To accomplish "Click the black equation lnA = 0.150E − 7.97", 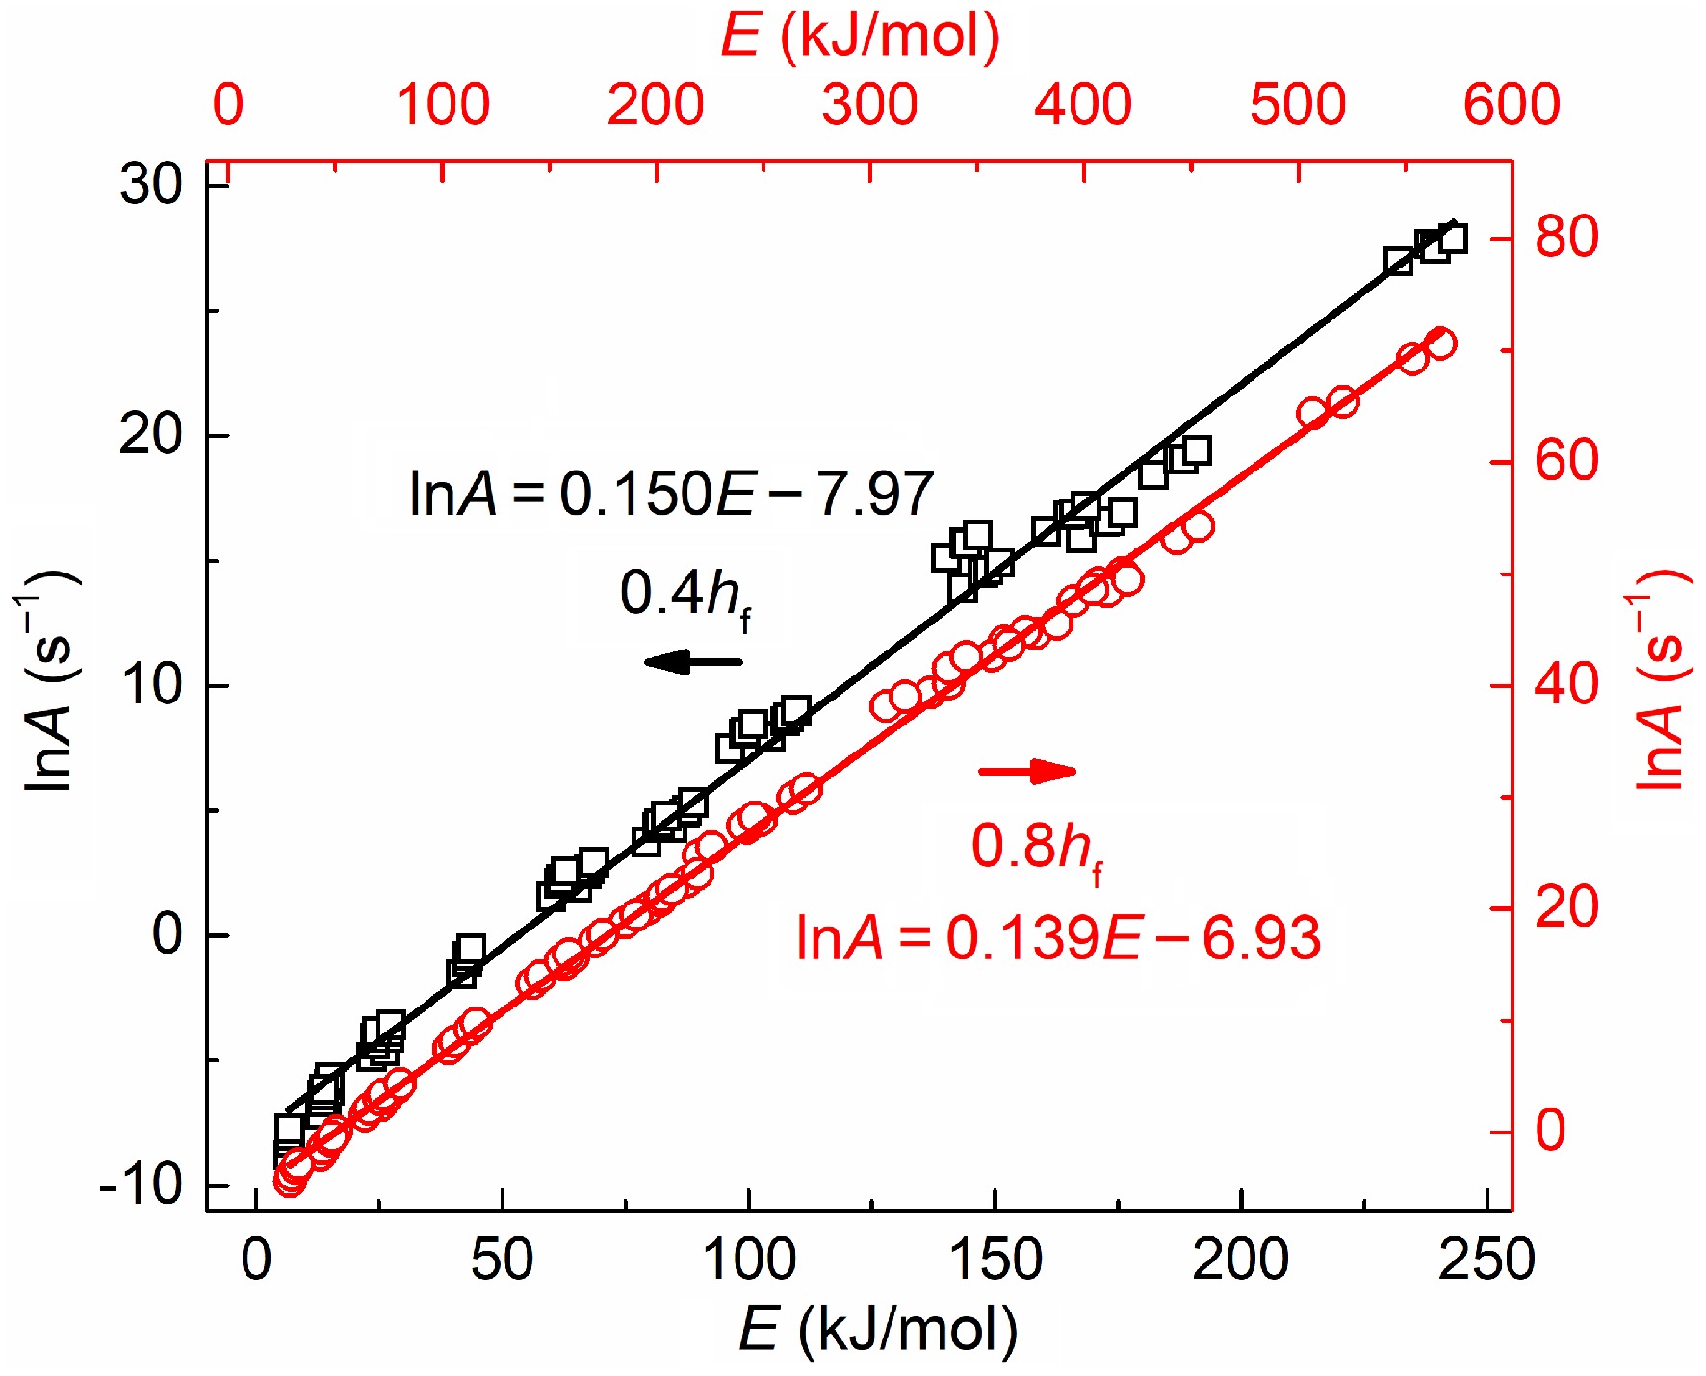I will coord(671,495).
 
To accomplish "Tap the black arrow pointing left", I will coord(693,661).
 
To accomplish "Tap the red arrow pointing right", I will coord(1027,771).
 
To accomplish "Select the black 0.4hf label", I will coord(685,597).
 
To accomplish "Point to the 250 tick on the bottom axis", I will coord(1486,1260).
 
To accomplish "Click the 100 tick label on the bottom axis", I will coord(749,1260).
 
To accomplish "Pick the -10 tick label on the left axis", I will coord(141,1185).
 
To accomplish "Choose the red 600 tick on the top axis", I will coord(1511,105).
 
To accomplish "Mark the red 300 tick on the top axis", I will coord(869,105).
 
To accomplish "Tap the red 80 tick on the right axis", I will coord(1566,237).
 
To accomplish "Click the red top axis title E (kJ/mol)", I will coord(860,37).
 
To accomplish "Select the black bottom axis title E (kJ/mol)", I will coord(877,1330).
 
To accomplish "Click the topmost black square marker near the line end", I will coord(1452,238).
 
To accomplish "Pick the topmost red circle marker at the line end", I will coord(1440,344).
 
